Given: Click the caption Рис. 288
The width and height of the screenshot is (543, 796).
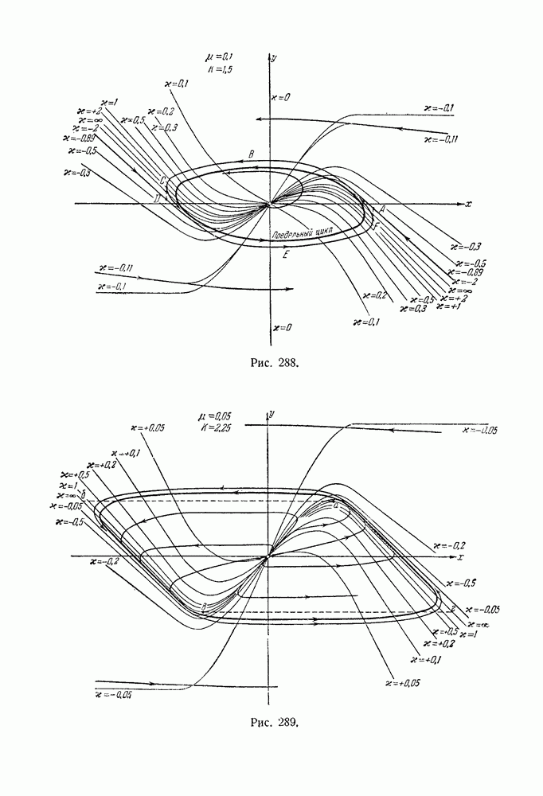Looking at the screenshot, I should point(271,363).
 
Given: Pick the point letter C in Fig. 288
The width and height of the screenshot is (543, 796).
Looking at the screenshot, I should point(163,180).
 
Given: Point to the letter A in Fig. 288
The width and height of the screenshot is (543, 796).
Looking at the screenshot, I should point(383,209).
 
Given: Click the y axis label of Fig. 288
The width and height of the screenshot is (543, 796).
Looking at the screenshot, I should point(274,58).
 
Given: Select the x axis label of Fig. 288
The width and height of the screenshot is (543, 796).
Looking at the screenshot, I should point(469,204).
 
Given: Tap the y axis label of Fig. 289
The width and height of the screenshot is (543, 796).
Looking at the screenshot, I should point(272,415).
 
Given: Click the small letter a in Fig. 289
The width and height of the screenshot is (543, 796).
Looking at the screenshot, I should point(336,505).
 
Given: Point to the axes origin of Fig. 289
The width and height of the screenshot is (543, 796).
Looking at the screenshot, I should point(268,555).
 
